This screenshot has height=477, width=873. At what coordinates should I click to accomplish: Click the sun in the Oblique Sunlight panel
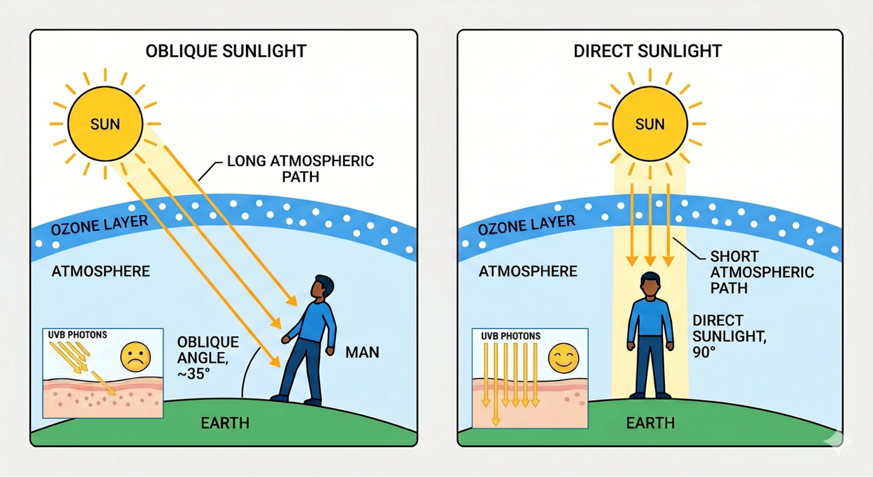(105, 123)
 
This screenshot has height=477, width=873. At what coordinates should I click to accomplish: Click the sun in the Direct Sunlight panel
(649, 123)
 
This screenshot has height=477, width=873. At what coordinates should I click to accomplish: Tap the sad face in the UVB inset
(135, 356)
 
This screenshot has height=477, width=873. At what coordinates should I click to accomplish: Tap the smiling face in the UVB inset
(563, 358)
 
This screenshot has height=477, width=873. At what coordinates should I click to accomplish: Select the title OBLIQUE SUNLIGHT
(226, 51)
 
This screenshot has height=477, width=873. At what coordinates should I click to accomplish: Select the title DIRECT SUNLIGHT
(647, 51)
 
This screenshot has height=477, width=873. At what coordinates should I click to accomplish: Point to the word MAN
(362, 351)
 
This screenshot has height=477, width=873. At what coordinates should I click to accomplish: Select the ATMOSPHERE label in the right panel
(527, 271)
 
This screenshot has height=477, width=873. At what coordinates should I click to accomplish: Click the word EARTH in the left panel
(225, 422)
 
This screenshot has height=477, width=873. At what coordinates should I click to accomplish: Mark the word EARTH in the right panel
(650, 422)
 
